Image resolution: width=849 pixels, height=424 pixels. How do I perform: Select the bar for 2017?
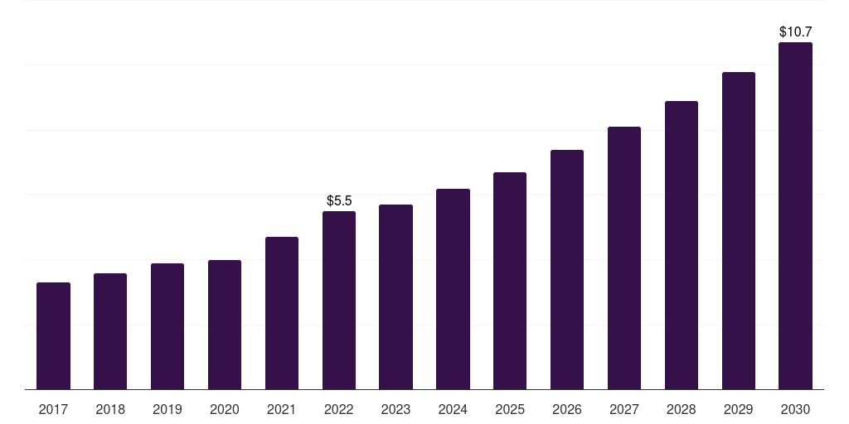53,336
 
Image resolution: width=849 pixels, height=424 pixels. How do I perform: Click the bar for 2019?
167,326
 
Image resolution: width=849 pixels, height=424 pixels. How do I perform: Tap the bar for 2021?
282,313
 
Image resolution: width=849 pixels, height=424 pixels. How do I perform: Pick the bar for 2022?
339,300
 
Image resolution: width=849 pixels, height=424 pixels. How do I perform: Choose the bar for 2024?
454,289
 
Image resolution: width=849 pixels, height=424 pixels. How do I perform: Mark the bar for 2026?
567,270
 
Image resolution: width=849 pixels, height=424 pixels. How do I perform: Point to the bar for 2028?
682,245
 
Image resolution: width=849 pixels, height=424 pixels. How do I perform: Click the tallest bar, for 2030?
795,216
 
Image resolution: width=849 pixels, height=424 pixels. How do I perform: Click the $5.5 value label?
339,200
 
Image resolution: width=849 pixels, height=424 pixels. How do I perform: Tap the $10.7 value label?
795,32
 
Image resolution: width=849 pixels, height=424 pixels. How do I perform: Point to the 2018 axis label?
110,409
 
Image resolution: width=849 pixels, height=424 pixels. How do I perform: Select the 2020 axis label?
225,409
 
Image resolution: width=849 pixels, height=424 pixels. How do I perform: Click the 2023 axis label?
395,409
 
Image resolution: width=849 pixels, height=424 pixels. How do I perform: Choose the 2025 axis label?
510,409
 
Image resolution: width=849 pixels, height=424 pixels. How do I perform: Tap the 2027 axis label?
624,409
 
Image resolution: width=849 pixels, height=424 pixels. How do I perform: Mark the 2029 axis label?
739,409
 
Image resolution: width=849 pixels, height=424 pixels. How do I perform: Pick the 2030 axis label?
795,409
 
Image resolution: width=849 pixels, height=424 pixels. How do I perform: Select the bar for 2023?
395,297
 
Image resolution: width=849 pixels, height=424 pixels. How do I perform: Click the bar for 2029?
739,231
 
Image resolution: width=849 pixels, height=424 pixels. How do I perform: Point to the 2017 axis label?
53,409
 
